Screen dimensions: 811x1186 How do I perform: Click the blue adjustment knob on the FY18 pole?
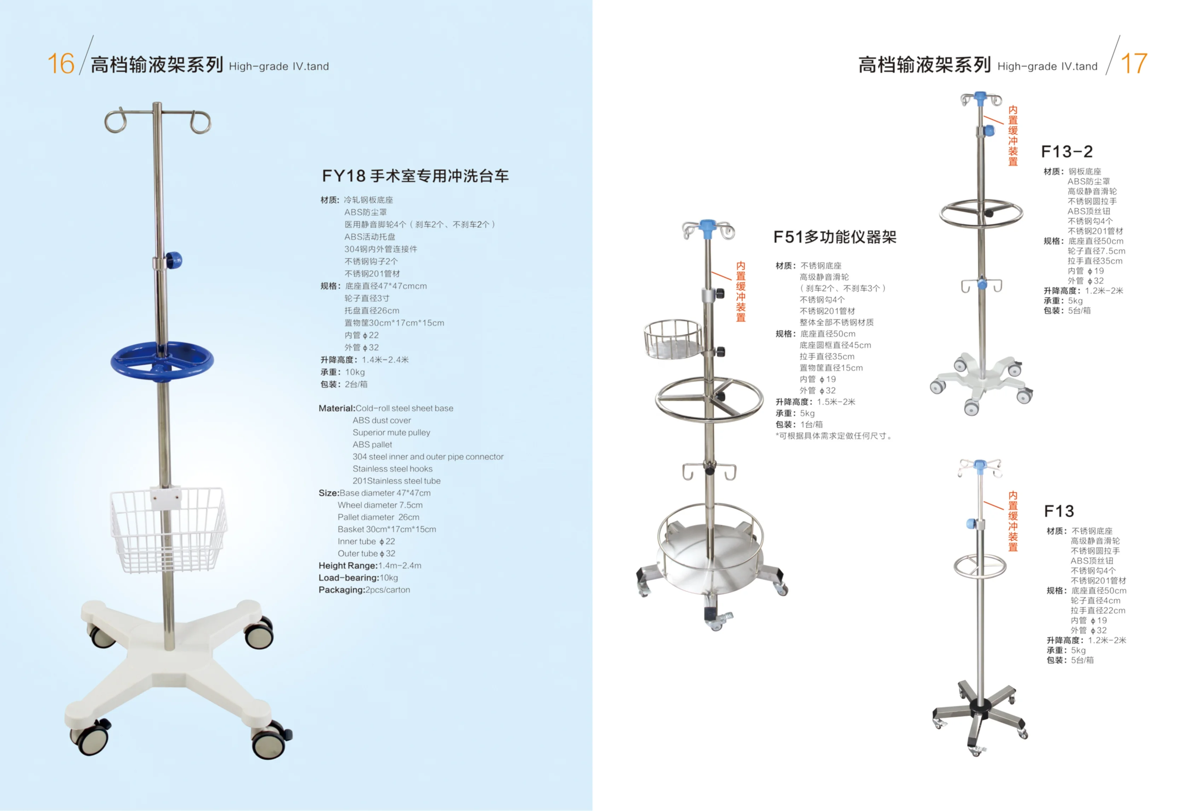(174, 260)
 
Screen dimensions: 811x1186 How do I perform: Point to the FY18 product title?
(415, 176)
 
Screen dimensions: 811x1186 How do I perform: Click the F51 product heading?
(835, 237)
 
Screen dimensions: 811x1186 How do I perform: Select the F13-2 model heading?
(1066, 152)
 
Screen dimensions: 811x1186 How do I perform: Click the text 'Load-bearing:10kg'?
(358, 577)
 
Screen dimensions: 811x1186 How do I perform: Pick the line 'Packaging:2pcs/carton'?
(364, 590)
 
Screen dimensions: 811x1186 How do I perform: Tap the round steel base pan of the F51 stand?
(709, 562)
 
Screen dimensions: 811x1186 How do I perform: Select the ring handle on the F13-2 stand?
(981, 213)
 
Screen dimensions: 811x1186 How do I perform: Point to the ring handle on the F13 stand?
(980, 566)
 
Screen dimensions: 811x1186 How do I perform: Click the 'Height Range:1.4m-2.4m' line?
(370, 565)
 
